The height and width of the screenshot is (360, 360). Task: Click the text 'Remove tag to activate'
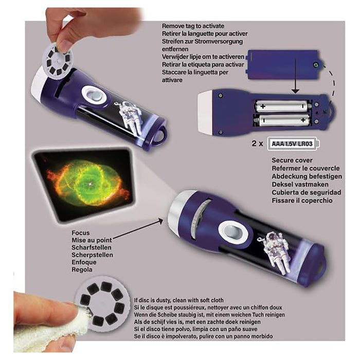192,25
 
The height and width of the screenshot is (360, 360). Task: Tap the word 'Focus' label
82,232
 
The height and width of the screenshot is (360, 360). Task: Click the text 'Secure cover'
292,160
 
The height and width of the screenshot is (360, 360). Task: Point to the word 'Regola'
83,269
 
